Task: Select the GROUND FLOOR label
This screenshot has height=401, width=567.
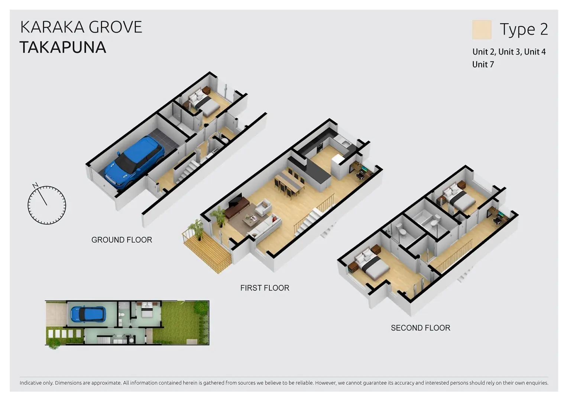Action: [x=122, y=240]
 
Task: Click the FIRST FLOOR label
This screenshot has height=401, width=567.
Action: [x=265, y=288]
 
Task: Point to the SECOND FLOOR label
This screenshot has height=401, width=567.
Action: [x=421, y=328]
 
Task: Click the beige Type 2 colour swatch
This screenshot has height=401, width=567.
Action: [x=482, y=30]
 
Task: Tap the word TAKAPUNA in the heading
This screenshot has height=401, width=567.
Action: [x=63, y=47]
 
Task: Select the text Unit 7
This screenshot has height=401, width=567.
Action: [x=483, y=65]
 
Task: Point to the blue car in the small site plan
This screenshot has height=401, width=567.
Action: [x=88, y=314]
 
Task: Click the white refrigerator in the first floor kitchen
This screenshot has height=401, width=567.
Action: [x=338, y=166]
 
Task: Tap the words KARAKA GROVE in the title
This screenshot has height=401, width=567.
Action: [x=81, y=27]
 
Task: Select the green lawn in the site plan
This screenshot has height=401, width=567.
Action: [x=181, y=323]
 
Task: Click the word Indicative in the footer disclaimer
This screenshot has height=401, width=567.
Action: [x=30, y=383]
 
